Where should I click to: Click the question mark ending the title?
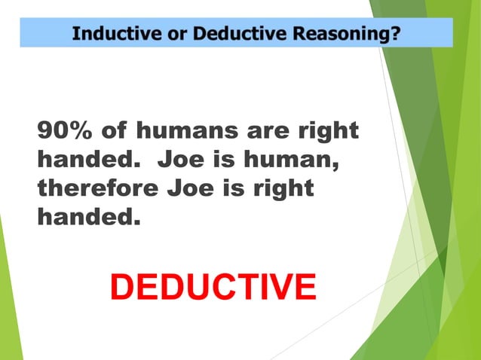[x=394, y=33]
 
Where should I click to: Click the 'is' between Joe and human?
[x=227, y=160]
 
